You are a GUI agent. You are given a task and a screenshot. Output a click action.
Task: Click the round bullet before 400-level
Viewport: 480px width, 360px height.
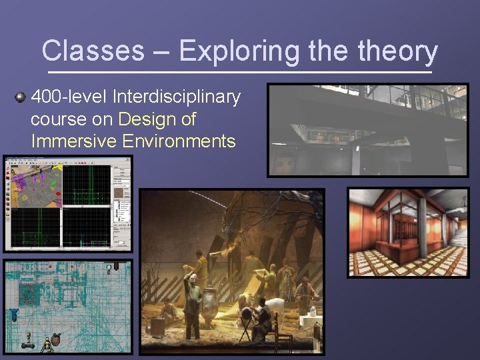click(20, 98)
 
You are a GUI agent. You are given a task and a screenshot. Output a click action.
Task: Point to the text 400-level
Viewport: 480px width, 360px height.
click(70, 97)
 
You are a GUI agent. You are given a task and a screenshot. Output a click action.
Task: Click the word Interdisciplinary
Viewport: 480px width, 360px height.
click(177, 97)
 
